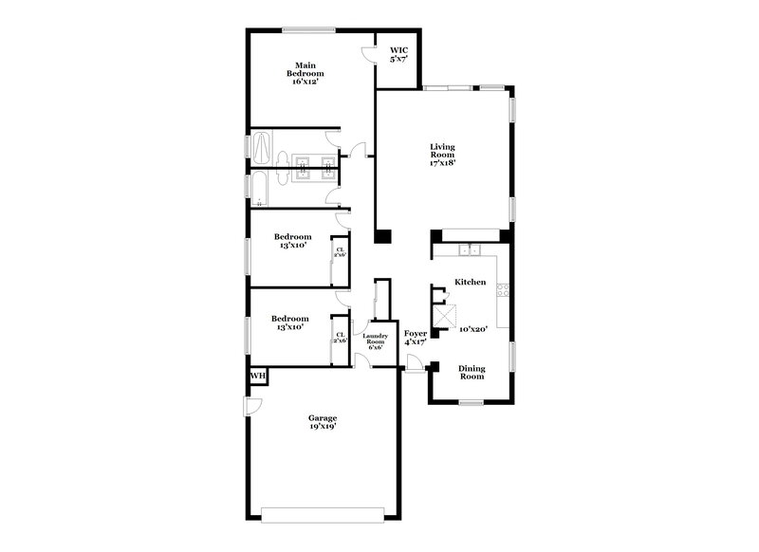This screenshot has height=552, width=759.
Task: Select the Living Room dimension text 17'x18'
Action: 443,162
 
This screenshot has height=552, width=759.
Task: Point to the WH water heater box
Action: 258,377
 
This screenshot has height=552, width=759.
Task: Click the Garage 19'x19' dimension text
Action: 322,427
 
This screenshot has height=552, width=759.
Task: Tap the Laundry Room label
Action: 376,340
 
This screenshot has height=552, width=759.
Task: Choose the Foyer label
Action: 416,334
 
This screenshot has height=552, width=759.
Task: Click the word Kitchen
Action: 471,282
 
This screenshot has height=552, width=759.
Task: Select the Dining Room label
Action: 472,372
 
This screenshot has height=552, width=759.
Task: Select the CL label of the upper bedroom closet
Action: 340,250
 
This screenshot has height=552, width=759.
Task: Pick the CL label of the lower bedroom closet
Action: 340,335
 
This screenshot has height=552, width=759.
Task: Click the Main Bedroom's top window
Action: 307,30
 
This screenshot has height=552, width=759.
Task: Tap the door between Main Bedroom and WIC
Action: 370,53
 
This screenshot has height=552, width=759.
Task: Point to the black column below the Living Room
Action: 382,237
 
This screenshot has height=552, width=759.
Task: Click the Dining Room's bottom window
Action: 472,402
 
